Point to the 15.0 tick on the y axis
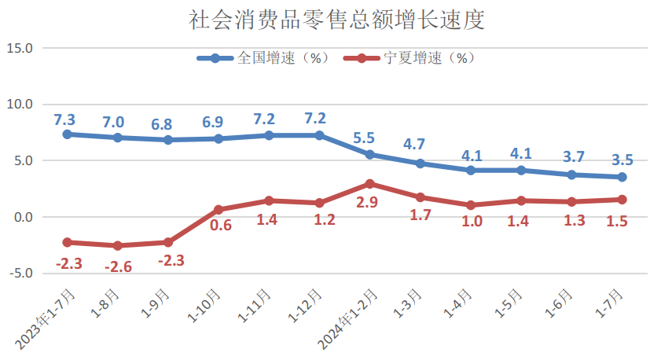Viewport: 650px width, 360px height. tap(19, 48)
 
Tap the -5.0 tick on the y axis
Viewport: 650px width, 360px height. tap(19, 274)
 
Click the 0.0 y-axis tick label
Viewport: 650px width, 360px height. tap(20, 217)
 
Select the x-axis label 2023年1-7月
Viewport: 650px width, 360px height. tap(48, 318)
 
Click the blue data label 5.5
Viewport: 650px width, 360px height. tap(364, 138)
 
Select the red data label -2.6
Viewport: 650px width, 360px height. tap(118, 266)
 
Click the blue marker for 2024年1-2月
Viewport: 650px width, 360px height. tap(369, 155)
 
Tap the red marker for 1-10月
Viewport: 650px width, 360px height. tap(219, 210)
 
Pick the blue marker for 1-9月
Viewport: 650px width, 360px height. tap(168, 140)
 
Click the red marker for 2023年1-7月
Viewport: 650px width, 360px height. tap(68, 242)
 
